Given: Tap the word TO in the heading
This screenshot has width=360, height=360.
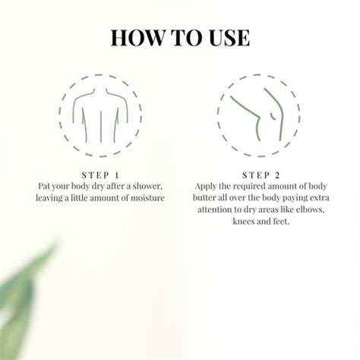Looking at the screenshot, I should click(181, 37).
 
